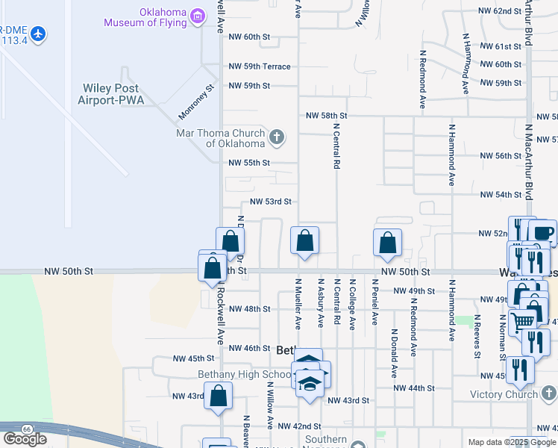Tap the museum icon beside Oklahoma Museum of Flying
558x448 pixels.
tap(198, 16)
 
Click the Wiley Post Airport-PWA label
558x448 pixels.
tap(111, 93)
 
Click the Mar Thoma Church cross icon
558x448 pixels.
tap(277, 137)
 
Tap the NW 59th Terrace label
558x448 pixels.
tap(259, 66)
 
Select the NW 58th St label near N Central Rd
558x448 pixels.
tap(327, 116)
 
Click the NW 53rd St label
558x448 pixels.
tap(270, 202)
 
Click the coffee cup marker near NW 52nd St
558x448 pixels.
tap(542, 233)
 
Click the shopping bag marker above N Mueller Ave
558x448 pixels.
tap(304, 241)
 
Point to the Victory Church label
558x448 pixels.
tap(504, 394)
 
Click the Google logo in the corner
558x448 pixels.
tap(25, 439)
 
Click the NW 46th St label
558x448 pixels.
tap(249, 348)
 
